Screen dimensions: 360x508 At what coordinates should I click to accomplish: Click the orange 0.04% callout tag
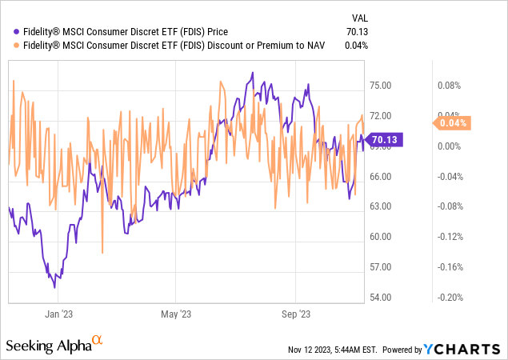(x=453, y=123)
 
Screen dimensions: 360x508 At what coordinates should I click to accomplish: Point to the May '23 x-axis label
(x=180, y=314)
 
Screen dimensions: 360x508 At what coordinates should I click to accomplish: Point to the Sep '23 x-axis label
(x=298, y=314)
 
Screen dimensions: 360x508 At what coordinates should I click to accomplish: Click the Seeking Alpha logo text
(x=48, y=346)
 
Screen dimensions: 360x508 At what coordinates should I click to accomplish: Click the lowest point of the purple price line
(x=54, y=286)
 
